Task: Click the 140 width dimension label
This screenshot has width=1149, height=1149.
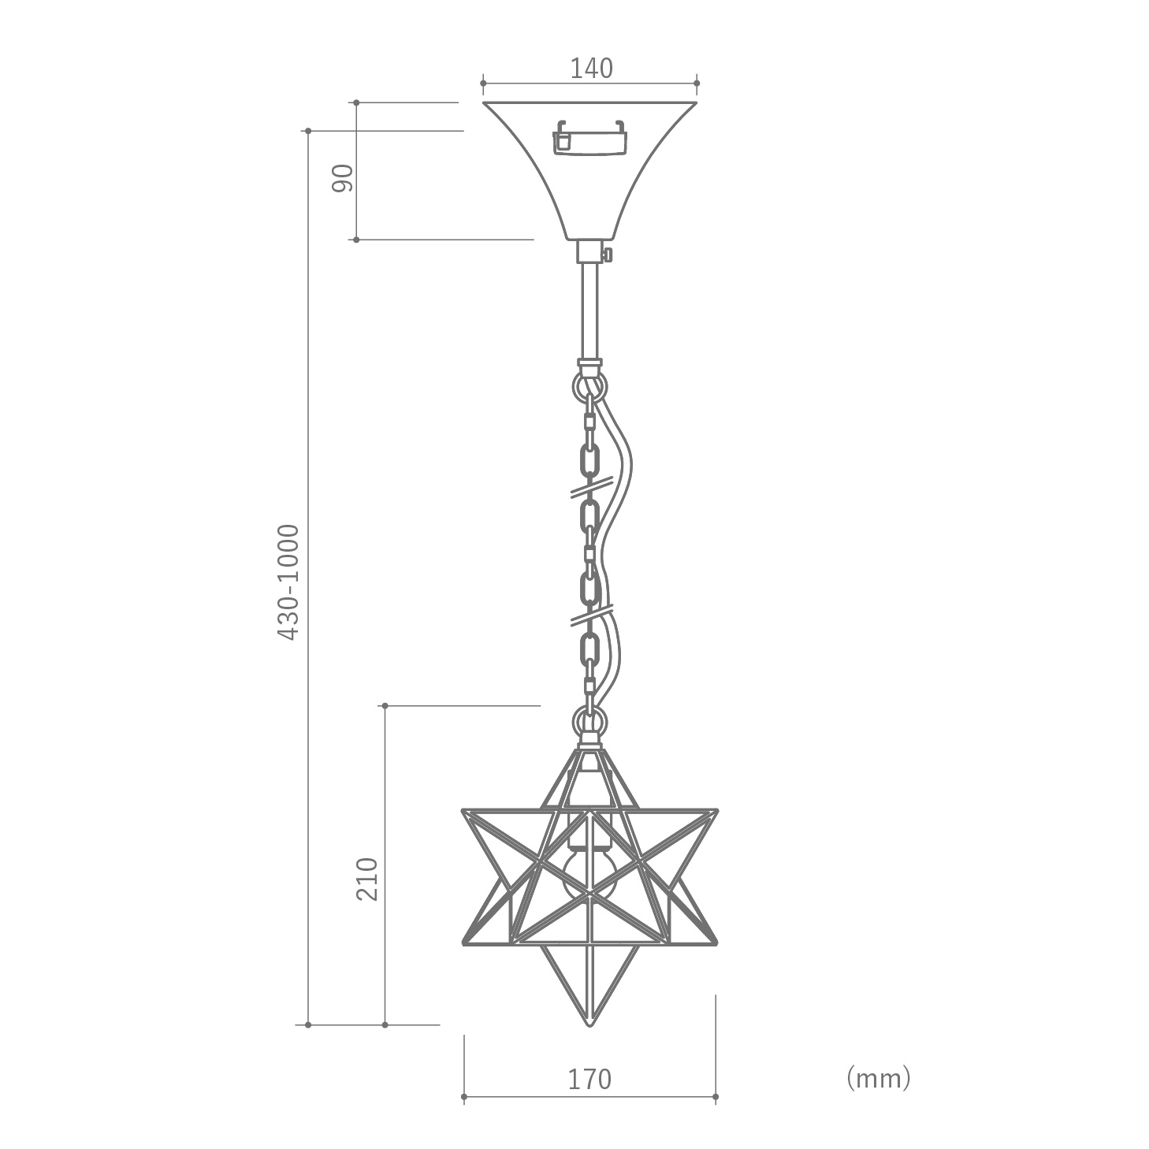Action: [x=591, y=69]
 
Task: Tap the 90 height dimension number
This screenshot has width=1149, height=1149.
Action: [x=343, y=177]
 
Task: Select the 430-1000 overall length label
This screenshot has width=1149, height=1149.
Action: [x=288, y=582]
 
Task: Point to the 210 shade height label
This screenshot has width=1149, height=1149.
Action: [x=367, y=879]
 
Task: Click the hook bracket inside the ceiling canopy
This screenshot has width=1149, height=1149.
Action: [x=590, y=138]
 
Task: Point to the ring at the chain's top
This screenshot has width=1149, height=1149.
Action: [x=589, y=385]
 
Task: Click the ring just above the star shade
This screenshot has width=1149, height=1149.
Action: [x=589, y=722]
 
